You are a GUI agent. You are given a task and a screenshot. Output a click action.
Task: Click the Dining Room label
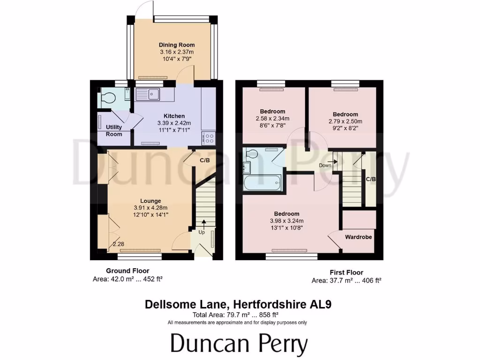point(177,45)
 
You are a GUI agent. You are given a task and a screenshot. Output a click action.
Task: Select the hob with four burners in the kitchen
point(209,138)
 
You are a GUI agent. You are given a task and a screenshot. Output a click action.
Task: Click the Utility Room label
point(114,130)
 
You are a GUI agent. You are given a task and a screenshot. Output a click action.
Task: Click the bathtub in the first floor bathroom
point(262,182)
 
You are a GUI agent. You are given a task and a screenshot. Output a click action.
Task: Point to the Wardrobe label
point(359,237)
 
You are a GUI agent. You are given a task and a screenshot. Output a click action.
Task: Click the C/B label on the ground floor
point(204,161)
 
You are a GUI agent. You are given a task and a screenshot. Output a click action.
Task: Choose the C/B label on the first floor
point(370,179)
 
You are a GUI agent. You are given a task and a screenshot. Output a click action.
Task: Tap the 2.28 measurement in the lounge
point(118,244)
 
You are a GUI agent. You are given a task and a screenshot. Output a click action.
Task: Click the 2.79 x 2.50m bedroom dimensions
point(345,121)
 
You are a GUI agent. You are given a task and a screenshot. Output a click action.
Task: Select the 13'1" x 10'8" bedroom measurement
point(287,228)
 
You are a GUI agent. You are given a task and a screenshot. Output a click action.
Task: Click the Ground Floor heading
point(127,270)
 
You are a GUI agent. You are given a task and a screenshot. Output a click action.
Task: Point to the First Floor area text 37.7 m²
point(346,281)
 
